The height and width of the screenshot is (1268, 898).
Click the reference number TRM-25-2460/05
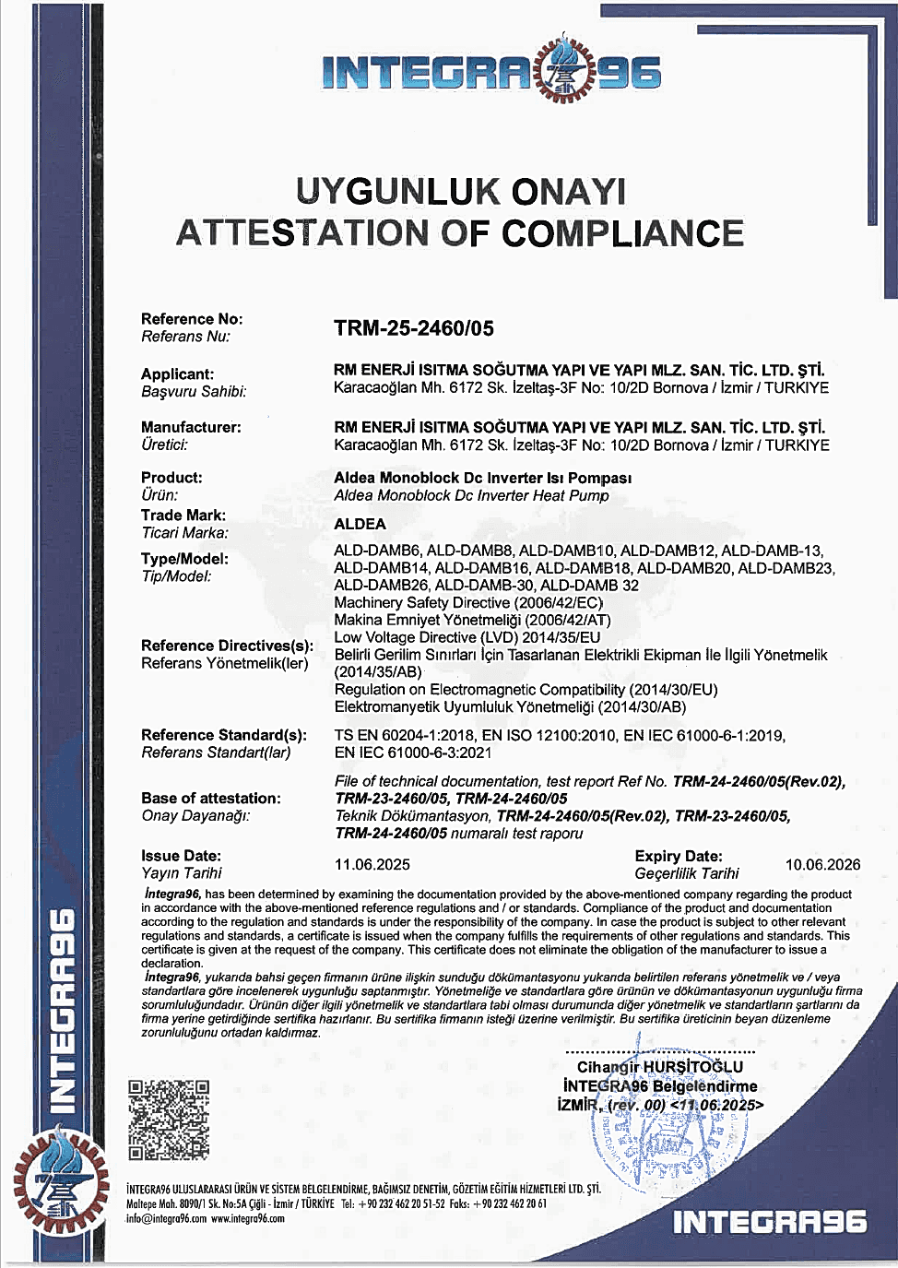(x=414, y=328)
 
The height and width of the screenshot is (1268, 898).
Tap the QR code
(x=169, y=1119)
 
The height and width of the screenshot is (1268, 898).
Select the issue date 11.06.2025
(x=372, y=865)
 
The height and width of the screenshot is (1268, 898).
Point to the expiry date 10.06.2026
(x=822, y=865)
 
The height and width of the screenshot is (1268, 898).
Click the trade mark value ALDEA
(x=360, y=524)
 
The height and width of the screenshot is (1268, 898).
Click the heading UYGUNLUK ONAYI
(x=460, y=192)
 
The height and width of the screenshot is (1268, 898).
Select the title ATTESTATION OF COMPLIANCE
(x=460, y=233)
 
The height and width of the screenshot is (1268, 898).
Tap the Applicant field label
(x=177, y=374)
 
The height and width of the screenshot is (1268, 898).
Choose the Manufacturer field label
(x=191, y=427)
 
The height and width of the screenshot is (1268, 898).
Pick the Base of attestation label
(x=211, y=799)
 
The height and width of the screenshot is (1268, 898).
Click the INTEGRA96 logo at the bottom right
(x=770, y=1223)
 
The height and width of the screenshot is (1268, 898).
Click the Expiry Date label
(x=679, y=856)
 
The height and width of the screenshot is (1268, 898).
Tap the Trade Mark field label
(x=183, y=515)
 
